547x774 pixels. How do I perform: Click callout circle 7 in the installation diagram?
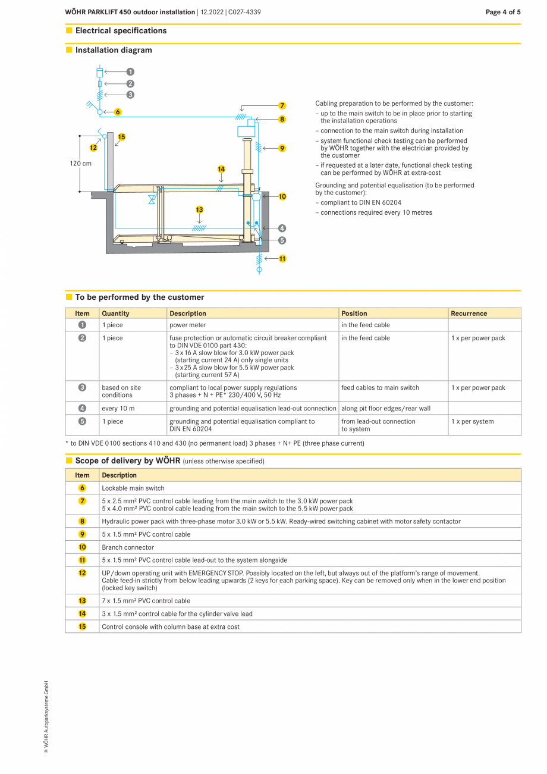(282, 106)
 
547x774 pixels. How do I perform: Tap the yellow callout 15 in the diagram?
(121, 137)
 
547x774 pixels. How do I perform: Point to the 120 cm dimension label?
(81, 163)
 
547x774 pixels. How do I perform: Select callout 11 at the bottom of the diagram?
(282, 259)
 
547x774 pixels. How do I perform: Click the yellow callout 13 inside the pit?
(199, 209)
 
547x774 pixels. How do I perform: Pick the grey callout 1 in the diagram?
(130, 71)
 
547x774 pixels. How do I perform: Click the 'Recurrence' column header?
(469, 314)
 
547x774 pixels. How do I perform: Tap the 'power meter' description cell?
(188, 325)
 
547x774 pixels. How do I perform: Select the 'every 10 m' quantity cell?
(118, 409)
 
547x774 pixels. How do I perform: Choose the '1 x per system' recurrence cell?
(472, 422)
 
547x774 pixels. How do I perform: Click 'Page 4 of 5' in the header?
(502, 12)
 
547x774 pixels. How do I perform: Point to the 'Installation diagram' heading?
(114, 50)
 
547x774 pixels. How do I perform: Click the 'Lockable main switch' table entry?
(133, 488)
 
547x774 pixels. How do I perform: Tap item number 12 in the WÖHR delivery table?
(83, 573)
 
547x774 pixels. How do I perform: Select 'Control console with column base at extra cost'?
(171, 627)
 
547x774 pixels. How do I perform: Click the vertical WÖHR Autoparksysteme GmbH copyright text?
(46, 717)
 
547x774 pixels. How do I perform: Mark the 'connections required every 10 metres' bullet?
(376, 212)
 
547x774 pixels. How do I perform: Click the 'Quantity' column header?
(115, 314)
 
